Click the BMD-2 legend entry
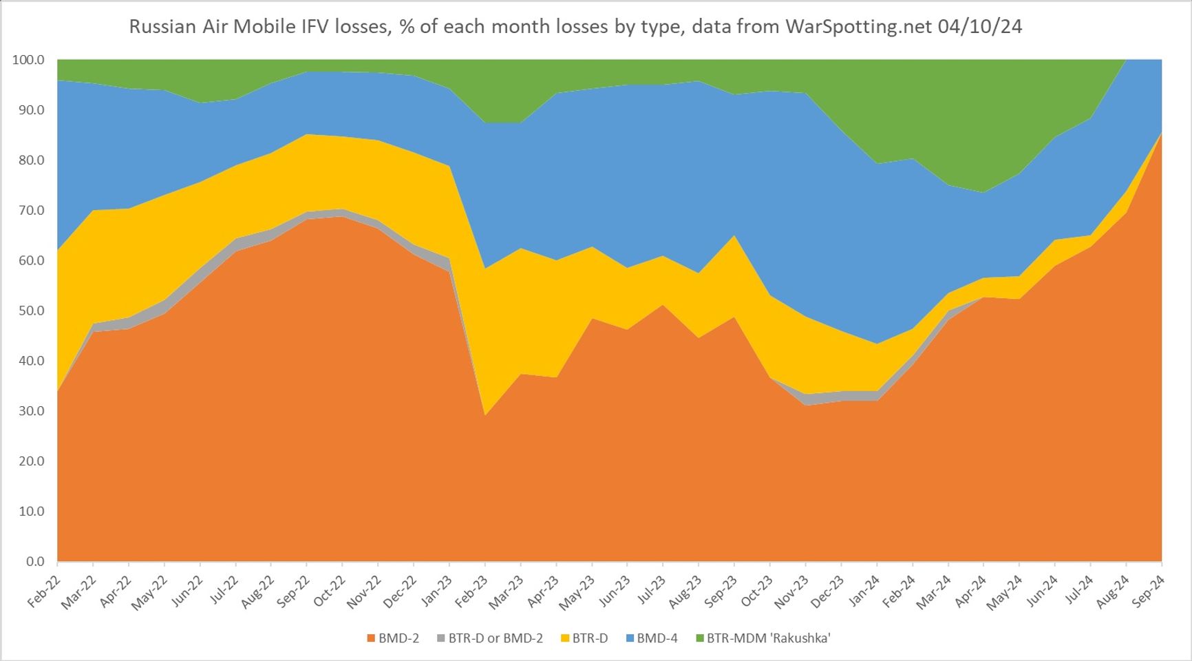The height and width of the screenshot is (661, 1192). (393, 638)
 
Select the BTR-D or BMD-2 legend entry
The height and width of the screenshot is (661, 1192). (489, 638)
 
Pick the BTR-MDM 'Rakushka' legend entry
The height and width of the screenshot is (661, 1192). (763, 638)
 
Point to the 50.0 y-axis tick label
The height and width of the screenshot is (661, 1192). (28, 311)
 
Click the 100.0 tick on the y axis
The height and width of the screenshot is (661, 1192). (28, 60)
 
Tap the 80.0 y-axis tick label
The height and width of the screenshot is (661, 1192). (28, 160)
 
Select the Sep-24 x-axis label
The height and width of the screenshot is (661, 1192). (1149, 591)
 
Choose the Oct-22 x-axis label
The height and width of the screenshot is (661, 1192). (330, 591)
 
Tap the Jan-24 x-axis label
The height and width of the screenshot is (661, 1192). (864, 591)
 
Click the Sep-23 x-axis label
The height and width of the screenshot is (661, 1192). (721, 591)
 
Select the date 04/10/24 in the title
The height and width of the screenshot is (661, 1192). (979, 27)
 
